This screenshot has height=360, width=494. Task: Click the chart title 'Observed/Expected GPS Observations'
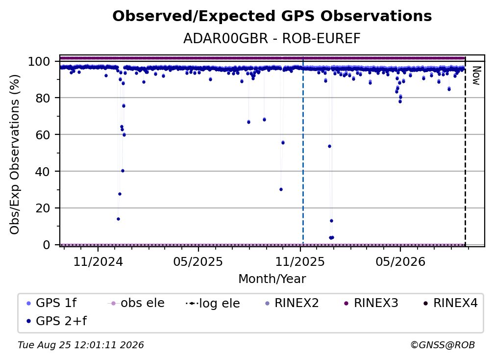pos(272,16)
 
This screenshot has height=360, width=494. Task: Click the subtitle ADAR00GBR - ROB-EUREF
pos(272,39)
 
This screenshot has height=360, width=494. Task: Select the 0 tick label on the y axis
pos(46,245)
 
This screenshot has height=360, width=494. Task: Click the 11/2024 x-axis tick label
pos(98,261)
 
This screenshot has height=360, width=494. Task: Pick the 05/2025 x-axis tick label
pos(198,261)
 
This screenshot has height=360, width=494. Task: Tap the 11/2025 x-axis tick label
pos(300,261)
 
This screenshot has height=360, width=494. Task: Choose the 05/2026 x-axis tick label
pos(400,261)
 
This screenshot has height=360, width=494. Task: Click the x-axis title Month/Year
pos(272,279)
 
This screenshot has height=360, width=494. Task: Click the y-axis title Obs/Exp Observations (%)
pos(15,154)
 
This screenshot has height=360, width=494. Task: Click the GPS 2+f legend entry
pos(57,321)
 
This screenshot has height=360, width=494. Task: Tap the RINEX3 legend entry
pos(371,303)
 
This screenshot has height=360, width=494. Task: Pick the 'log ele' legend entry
pos(213,303)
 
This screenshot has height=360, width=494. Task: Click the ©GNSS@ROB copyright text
pos(443,345)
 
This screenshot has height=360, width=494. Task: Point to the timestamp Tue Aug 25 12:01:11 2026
pos(81,345)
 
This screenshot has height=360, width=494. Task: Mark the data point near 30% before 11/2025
pos(281,189)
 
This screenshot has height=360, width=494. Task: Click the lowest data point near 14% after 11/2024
pos(118,219)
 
